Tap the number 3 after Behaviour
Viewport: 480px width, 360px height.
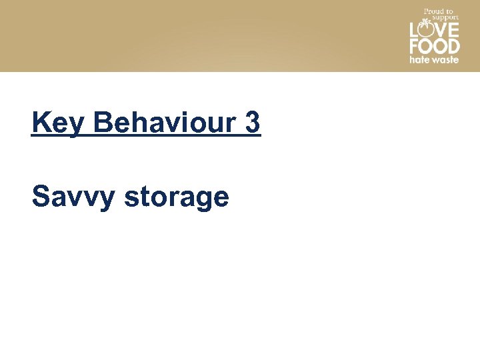pos(253,123)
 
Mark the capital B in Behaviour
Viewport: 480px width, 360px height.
pos(105,123)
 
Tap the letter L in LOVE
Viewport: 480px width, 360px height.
pos(413,31)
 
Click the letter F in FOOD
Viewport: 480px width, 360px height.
pos(414,47)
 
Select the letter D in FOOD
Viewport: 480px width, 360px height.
pos(453,47)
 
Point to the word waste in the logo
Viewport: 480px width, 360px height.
pos(444,59)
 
